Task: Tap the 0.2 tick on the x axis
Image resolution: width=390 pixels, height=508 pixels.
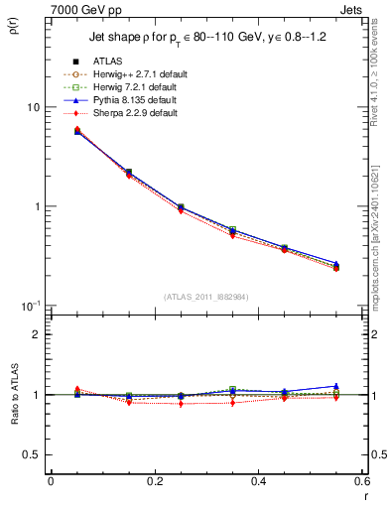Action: coord(154,481)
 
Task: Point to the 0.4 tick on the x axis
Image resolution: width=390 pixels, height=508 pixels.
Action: coord(258,481)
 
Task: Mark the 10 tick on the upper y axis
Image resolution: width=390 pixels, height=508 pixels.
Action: coord(34,107)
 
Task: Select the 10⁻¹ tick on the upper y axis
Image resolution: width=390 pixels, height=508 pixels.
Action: coord(31,305)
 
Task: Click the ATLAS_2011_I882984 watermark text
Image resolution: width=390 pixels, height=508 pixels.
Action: coord(206,297)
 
